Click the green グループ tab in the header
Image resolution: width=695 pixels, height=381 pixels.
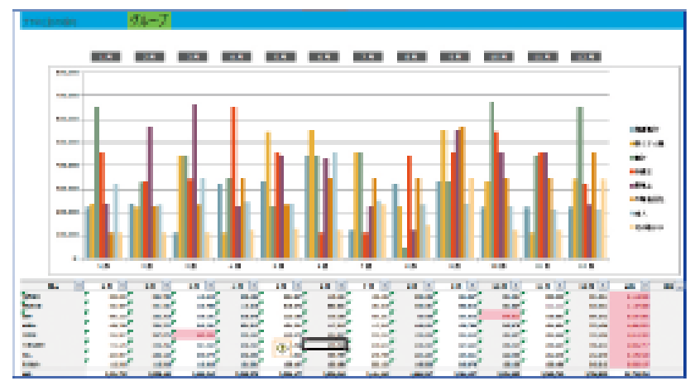click(x=149, y=20)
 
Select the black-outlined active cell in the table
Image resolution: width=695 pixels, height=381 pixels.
click(x=324, y=344)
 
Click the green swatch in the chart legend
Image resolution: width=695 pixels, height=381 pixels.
click(x=635, y=157)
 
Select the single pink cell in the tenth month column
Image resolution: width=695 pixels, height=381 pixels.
click(x=504, y=315)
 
